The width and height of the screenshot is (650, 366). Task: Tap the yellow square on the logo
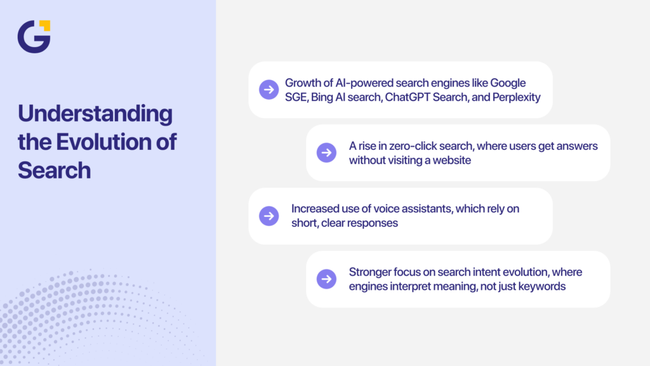(x=44, y=25)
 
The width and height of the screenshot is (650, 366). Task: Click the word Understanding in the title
(x=95, y=114)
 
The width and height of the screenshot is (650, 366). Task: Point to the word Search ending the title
(x=54, y=170)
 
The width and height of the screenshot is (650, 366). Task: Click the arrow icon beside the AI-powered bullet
(x=269, y=90)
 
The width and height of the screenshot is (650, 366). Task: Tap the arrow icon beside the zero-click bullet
(x=326, y=152)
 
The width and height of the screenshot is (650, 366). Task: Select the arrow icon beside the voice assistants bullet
(x=269, y=216)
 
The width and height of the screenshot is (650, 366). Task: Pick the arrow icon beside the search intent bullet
(x=326, y=279)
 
